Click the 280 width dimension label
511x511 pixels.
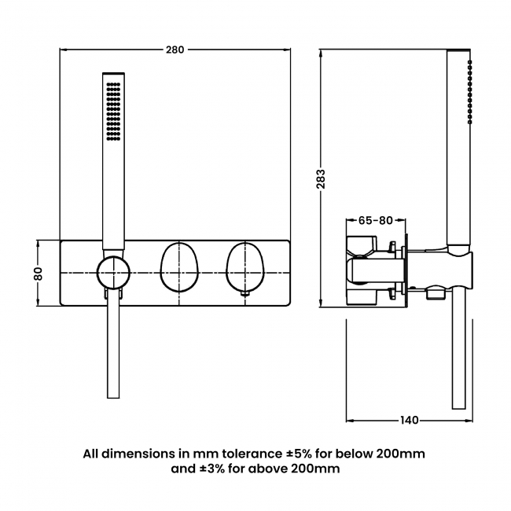[175, 50]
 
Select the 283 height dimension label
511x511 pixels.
[321, 179]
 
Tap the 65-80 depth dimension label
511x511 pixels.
[375, 220]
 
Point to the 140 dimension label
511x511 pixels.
[409, 420]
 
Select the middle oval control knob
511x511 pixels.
[178, 267]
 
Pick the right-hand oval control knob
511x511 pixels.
[244, 267]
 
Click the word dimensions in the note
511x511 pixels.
[134, 454]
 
